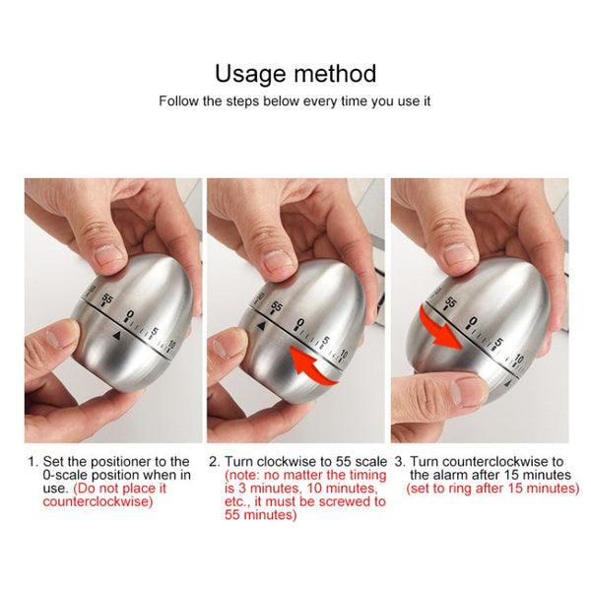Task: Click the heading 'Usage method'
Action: [295, 73]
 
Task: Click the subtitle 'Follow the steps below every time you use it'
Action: [295, 100]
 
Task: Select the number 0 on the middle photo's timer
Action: [299, 321]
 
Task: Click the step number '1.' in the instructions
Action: [33, 461]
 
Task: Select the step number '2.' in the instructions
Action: [214, 461]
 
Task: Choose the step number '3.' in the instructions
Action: [399, 461]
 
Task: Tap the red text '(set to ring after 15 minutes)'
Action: [492, 488]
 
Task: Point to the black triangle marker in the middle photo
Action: [260, 325]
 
